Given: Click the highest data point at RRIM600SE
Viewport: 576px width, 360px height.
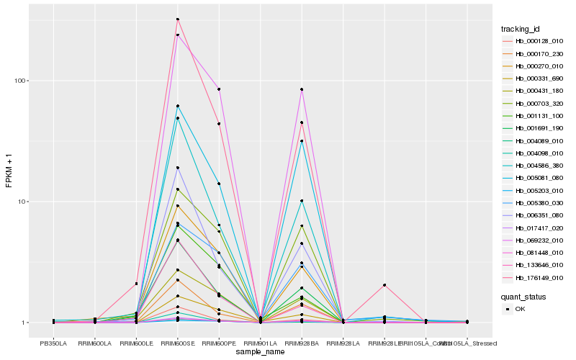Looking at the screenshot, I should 177,19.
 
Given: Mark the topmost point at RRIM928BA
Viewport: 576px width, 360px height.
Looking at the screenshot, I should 302,89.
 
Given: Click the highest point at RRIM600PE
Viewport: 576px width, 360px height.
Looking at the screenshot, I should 219,89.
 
